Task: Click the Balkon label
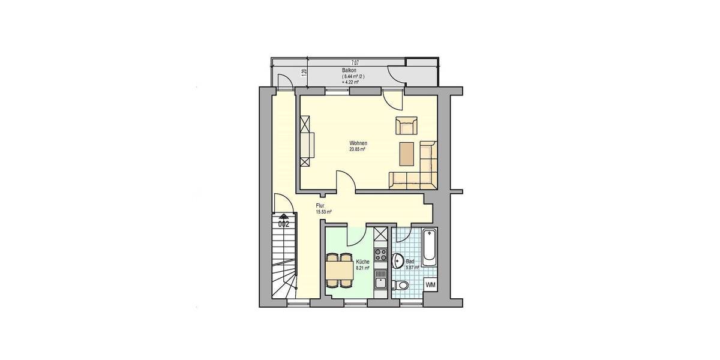349,71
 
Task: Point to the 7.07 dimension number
355,62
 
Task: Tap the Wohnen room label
358,143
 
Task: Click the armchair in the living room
406,126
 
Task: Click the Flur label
320,206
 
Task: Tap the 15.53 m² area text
323,212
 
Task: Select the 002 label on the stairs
284,224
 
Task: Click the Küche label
362,262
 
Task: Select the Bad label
410,262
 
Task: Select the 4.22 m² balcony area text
350,82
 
